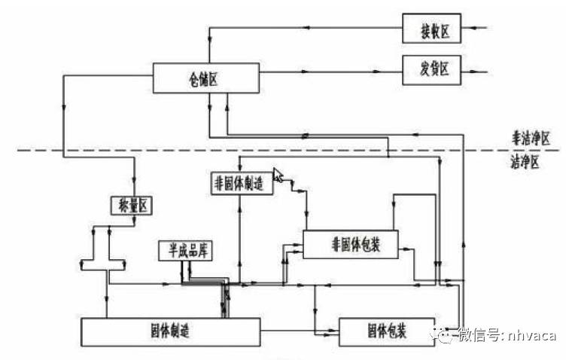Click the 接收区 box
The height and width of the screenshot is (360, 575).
[434, 29]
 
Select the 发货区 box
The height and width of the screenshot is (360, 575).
[434, 71]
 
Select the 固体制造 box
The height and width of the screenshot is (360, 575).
[170, 331]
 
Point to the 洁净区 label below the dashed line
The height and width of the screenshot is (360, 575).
[525, 163]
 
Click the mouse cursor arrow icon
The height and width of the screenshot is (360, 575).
[278, 175]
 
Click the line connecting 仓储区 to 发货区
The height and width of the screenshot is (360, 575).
[331, 72]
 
